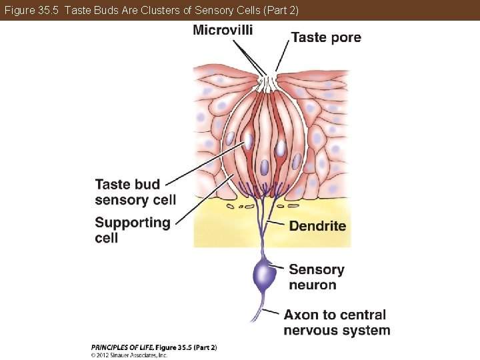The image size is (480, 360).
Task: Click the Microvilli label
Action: point(223,30)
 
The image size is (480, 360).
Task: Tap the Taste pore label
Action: point(326,37)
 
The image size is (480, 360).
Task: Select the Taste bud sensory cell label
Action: point(135,191)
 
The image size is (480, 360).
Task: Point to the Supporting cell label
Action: point(133,230)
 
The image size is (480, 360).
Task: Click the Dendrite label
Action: point(317,226)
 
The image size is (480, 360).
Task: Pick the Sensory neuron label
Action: point(317,277)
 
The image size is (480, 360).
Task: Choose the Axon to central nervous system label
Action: point(337,322)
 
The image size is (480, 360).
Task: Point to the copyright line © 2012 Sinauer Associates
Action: point(129,355)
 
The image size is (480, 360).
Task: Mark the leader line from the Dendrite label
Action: point(276,223)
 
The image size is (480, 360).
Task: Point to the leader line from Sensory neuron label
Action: point(280,268)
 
